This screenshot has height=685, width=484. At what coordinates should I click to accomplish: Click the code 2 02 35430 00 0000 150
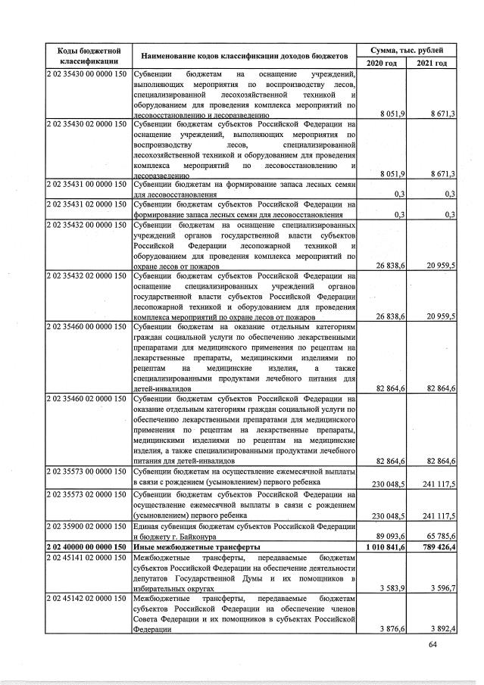[x=88, y=74]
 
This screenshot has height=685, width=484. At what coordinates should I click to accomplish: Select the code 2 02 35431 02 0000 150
[x=88, y=204]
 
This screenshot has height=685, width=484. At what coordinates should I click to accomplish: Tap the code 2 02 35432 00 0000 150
[x=88, y=226]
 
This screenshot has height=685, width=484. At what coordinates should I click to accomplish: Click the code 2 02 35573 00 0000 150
[x=88, y=472]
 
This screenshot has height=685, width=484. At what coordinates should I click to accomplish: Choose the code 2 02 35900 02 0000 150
[x=88, y=525]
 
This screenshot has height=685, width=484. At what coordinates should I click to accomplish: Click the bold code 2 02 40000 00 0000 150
[x=88, y=546]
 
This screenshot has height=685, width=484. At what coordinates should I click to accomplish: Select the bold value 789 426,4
[x=432, y=546]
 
